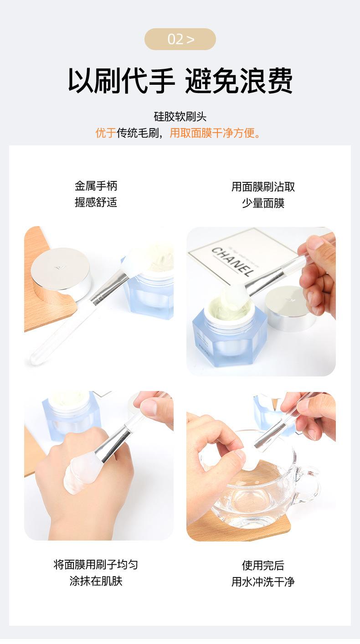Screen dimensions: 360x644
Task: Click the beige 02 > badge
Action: pyautogui.click(x=180, y=39)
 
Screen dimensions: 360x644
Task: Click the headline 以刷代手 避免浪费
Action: pyautogui.click(x=180, y=81)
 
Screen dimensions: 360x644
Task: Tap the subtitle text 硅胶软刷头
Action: pyautogui.click(x=180, y=117)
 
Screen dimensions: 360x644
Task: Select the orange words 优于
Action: pyautogui.click(x=106, y=133)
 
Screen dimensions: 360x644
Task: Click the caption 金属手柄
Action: pyautogui.click(x=96, y=186)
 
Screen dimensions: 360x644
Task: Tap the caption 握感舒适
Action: pyautogui.click(x=96, y=202)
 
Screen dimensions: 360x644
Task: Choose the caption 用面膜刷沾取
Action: pyautogui.click(x=263, y=187)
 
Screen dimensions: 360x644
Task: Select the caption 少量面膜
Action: pyautogui.click(x=263, y=203)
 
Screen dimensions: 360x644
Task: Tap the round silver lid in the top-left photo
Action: pyautogui.click(x=61, y=273)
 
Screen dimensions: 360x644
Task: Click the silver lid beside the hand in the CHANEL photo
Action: pyautogui.click(x=289, y=309)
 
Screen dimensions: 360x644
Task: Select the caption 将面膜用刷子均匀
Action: pyautogui.click(x=96, y=565)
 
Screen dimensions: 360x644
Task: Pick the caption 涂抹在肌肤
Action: pyautogui.click(x=96, y=581)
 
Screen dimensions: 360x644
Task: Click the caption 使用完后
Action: pyautogui.click(x=263, y=566)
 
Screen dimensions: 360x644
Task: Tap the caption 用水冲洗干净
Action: pyautogui.click(x=263, y=582)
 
